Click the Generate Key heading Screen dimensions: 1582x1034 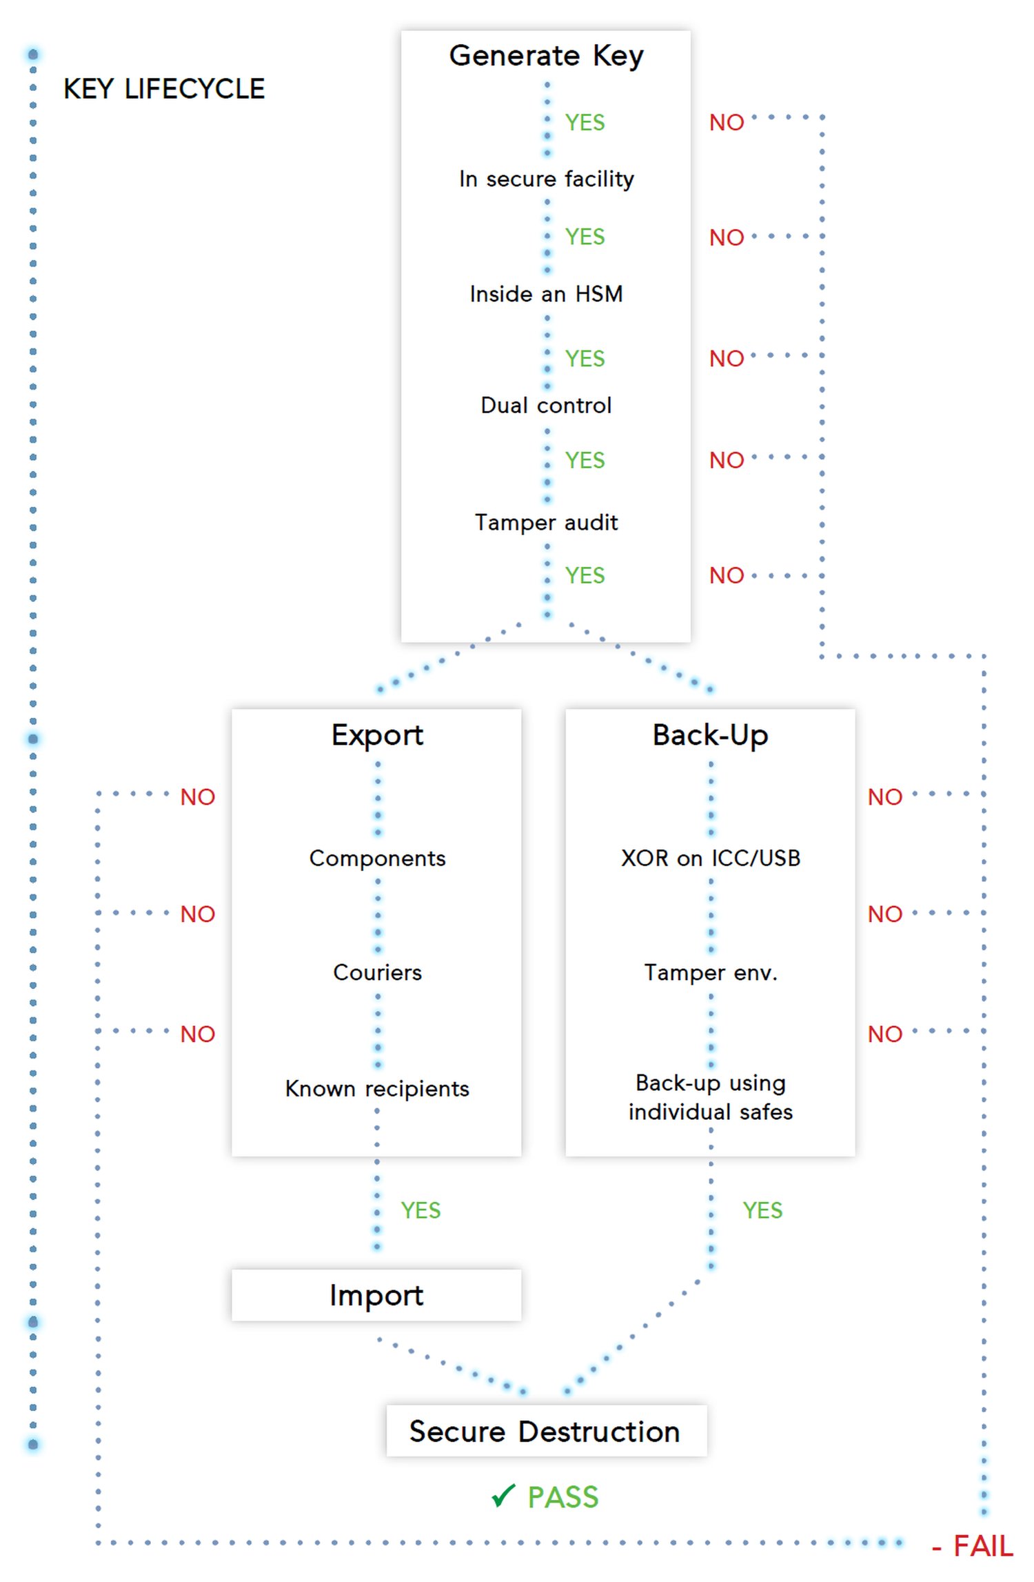point(546,55)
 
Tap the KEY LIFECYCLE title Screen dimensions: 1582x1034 point(164,89)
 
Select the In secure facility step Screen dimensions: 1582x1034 point(546,179)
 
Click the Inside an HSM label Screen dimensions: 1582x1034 point(546,294)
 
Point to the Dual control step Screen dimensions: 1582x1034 point(546,405)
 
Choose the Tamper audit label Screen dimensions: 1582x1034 point(546,522)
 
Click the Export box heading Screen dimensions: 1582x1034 point(377,735)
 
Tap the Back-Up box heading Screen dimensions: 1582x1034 point(710,735)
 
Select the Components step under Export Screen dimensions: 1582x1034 point(377,858)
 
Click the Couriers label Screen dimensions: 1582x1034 point(377,972)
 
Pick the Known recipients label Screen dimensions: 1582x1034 point(377,1088)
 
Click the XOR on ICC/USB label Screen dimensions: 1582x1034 point(710,858)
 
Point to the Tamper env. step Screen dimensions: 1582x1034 point(710,972)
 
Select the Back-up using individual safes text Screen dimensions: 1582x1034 point(710,1097)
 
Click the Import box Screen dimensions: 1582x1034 point(376,1295)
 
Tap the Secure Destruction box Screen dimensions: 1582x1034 point(545,1432)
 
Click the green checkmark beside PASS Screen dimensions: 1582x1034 point(503,1496)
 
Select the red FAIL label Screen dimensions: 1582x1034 point(982,1546)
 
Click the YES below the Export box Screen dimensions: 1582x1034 point(420,1210)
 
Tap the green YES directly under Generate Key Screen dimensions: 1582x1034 point(585,122)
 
